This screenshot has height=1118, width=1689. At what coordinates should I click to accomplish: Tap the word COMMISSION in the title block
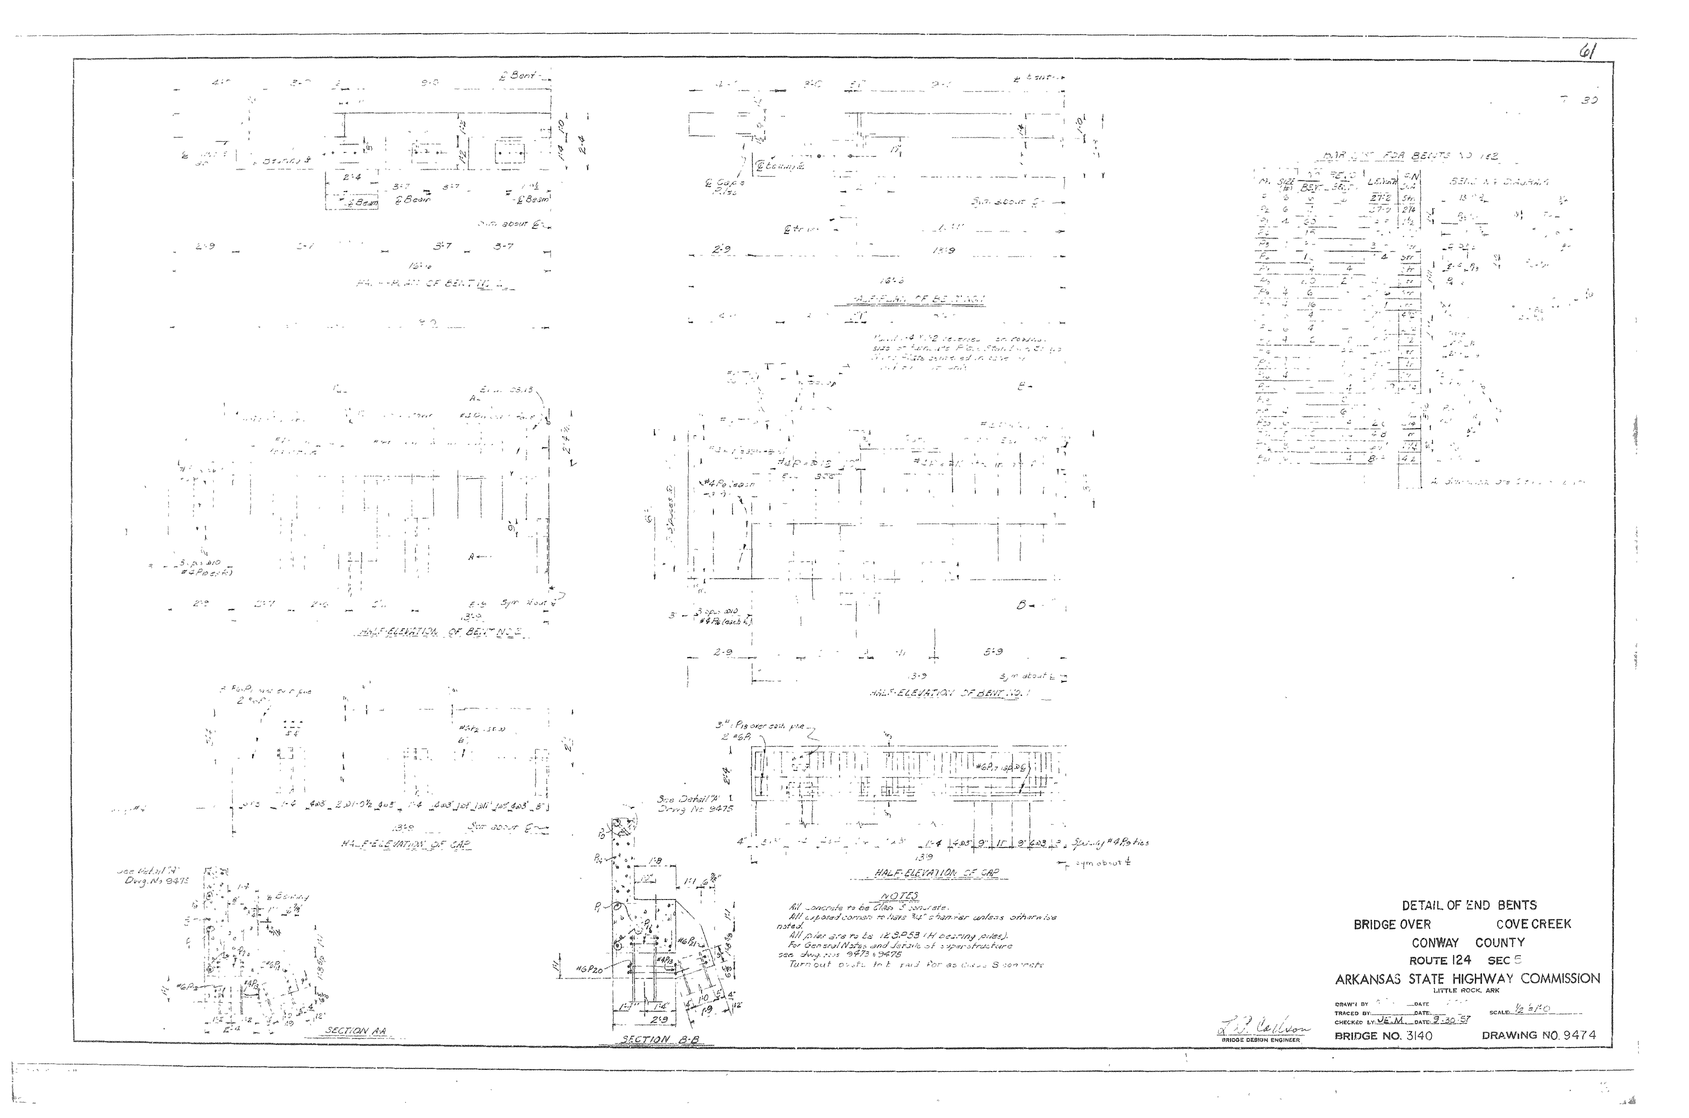pos(1560,979)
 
